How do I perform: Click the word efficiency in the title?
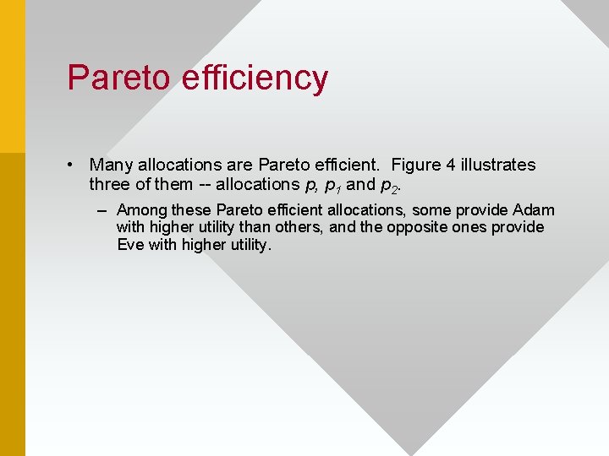[x=254, y=78]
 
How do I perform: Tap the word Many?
[x=110, y=165]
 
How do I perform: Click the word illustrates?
[x=499, y=165]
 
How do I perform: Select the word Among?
[x=142, y=210]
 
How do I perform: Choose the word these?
[x=192, y=210]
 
